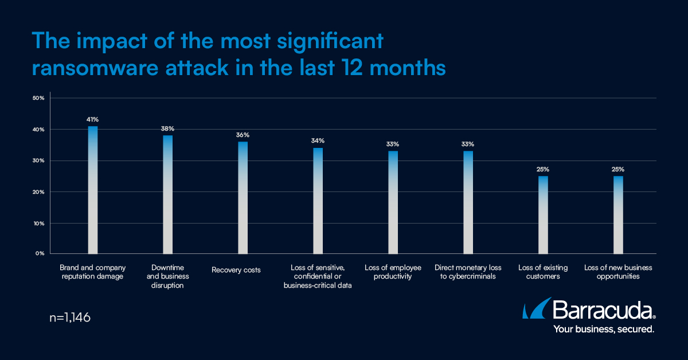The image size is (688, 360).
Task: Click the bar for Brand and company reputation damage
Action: point(93,189)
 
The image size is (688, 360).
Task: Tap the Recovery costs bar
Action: point(243,197)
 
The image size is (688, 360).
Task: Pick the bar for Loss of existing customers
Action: point(543,214)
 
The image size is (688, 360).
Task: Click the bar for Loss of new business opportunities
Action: point(618,214)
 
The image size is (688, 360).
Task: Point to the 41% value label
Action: point(93,119)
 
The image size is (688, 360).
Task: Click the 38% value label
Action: point(167,128)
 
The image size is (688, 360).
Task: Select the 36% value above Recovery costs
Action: point(243,135)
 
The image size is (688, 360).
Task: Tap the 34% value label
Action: point(318,140)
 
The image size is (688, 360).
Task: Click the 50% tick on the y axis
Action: point(38,98)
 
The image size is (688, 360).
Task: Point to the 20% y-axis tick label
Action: point(38,192)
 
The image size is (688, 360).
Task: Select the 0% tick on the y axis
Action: point(40,253)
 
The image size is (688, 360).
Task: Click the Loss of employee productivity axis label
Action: point(393,272)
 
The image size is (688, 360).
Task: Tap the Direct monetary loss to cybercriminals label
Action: point(468,272)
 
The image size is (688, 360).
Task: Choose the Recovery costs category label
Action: point(236,270)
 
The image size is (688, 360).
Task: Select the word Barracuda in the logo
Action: point(602,311)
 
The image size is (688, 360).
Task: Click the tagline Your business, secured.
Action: point(603,330)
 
